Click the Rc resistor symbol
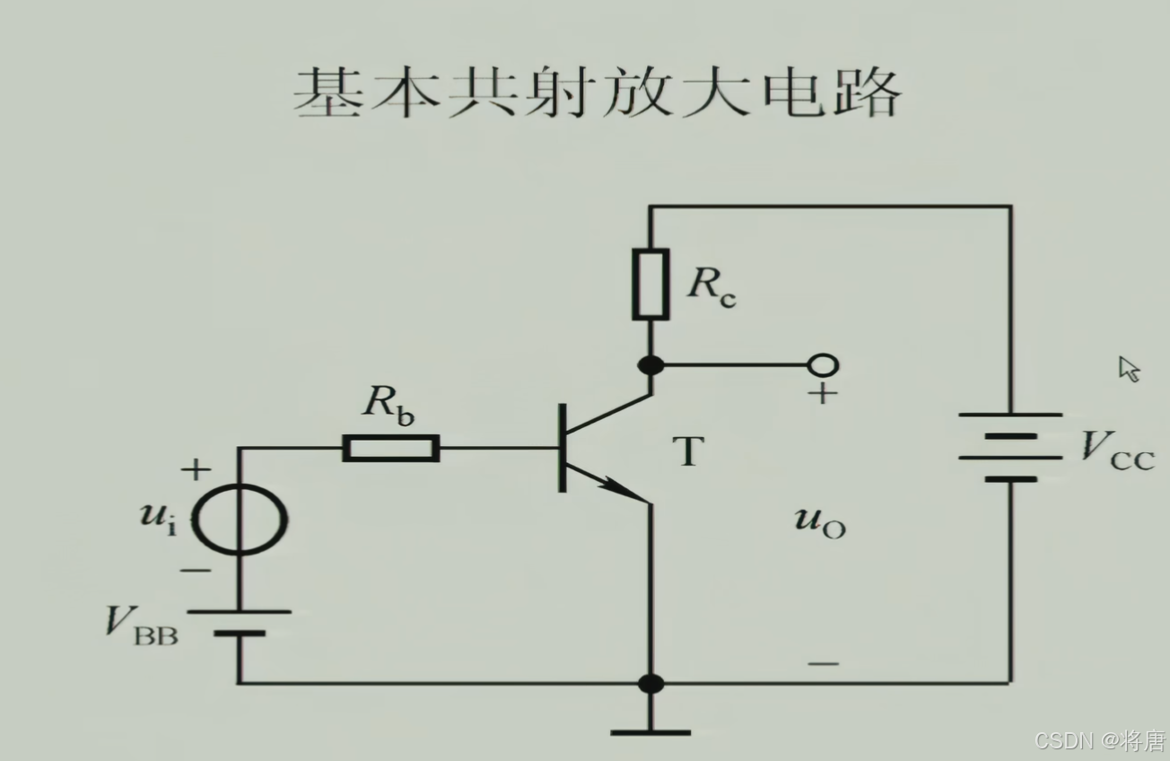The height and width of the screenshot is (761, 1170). (x=650, y=284)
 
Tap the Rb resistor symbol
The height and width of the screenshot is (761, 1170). (x=391, y=448)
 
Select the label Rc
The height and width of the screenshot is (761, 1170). (x=712, y=286)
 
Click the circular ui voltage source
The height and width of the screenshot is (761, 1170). (x=240, y=519)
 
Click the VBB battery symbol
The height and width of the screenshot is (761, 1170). (x=240, y=622)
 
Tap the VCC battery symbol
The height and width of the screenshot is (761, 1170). (x=1010, y=447)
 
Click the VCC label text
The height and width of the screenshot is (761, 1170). (x=1116, y=448)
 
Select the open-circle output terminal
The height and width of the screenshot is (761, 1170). (x=823, y=365)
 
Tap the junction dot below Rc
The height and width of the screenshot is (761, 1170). (x=650, y=365)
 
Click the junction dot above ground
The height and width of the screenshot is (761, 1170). (x=650, y=683)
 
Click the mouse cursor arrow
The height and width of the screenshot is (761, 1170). (x=1128, y=368)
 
